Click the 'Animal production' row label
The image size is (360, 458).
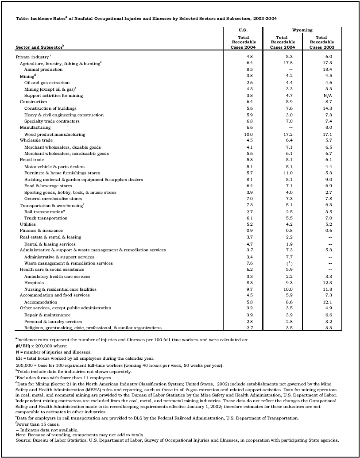point(43,70)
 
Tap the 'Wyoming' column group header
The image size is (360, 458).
point(302,30)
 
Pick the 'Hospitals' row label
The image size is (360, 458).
point(34,282)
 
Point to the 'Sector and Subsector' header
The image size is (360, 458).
point(40,46)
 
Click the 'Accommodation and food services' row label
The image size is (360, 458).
point(55,295)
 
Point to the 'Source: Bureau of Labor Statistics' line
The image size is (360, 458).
point(177,440)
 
